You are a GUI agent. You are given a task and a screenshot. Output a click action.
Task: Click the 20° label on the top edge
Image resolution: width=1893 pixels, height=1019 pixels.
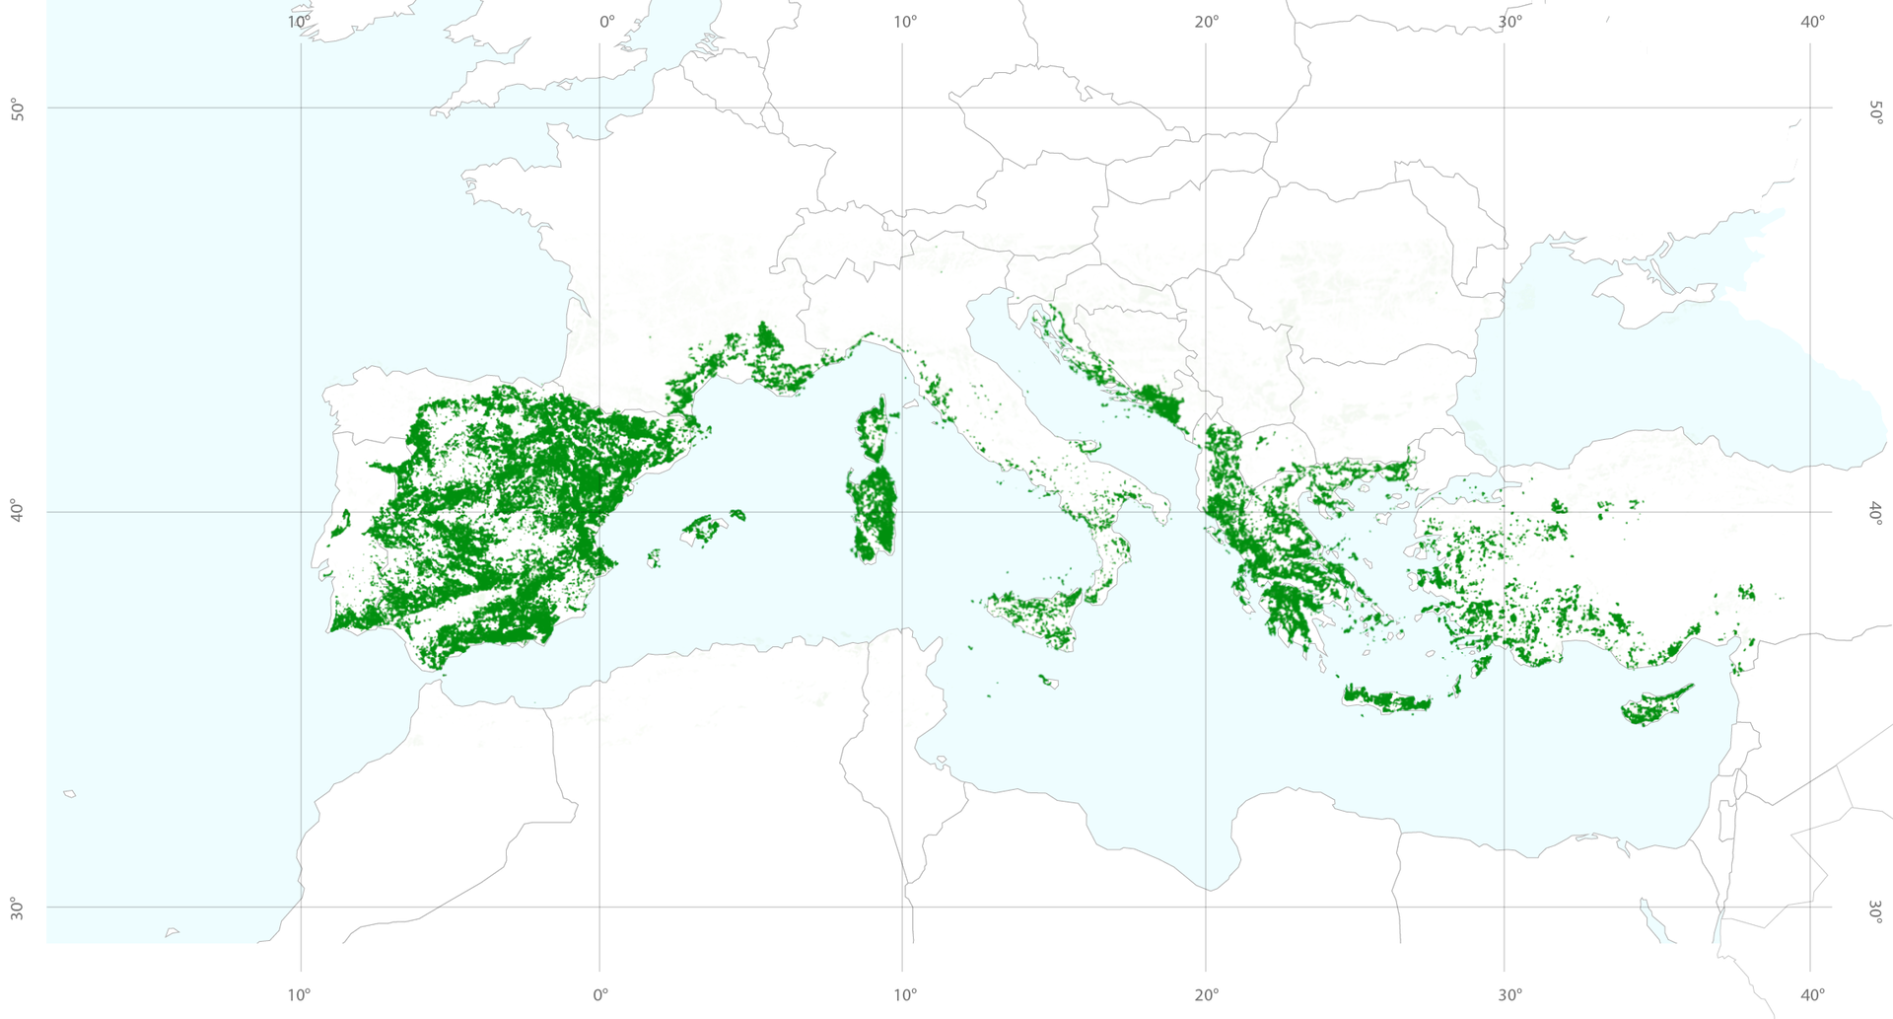(1206, 23)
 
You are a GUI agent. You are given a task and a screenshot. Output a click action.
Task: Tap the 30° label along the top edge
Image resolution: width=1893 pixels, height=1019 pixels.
(1509, 23)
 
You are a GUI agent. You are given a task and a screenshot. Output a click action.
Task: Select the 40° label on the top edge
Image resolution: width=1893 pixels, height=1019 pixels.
(1812, 23)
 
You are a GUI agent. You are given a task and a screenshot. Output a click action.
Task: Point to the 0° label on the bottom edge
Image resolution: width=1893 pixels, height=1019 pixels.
(600, 994)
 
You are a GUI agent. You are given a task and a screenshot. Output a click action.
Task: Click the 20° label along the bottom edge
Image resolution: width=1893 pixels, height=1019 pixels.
(1206, 994)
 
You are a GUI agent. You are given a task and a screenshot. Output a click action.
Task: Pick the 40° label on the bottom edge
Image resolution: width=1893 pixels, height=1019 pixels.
(1812, 994)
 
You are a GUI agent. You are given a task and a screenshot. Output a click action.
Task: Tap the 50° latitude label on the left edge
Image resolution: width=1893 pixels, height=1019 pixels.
(18, 109)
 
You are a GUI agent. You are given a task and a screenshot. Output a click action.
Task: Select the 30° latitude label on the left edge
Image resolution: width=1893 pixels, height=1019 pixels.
(18, 909)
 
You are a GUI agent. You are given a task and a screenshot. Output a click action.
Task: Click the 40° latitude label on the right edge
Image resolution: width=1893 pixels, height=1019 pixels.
(1875, 513)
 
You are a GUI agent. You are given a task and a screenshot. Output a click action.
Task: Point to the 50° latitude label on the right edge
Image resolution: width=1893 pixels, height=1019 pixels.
(1875, 111)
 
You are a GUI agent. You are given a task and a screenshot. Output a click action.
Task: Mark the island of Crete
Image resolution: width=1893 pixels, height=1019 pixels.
(1385, 699)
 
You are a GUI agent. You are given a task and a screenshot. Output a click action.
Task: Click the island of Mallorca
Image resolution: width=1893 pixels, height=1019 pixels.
(703, 529)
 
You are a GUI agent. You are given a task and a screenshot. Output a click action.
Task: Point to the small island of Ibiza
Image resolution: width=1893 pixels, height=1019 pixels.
(653, 559)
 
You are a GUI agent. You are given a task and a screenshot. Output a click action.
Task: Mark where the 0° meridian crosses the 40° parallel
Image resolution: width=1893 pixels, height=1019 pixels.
(599, 512)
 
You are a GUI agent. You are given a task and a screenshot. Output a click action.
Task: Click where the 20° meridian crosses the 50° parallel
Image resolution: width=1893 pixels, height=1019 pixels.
(1205, 108)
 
